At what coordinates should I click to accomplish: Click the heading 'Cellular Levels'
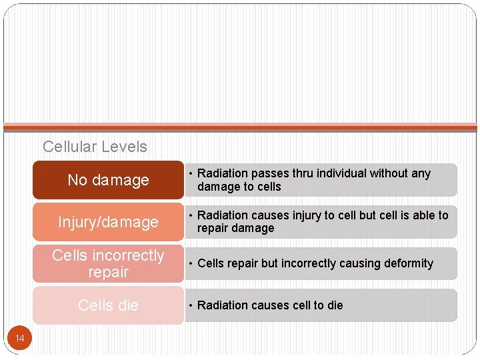tap(95, 147)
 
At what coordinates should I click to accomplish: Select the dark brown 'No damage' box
tap(108, 180)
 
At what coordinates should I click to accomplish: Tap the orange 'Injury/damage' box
tap(108, 222)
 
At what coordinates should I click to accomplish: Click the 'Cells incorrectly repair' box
tap(108, 263)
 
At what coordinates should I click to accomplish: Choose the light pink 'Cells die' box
tap(108, 305)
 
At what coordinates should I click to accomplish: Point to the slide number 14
tap(20, 339)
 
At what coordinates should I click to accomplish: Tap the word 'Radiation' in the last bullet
tap(223, 305)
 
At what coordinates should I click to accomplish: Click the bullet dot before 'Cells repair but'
tap(190, 263)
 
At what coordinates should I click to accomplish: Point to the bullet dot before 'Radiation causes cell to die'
tap(190, 305)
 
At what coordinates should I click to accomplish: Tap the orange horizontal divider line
tap(240, 127)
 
